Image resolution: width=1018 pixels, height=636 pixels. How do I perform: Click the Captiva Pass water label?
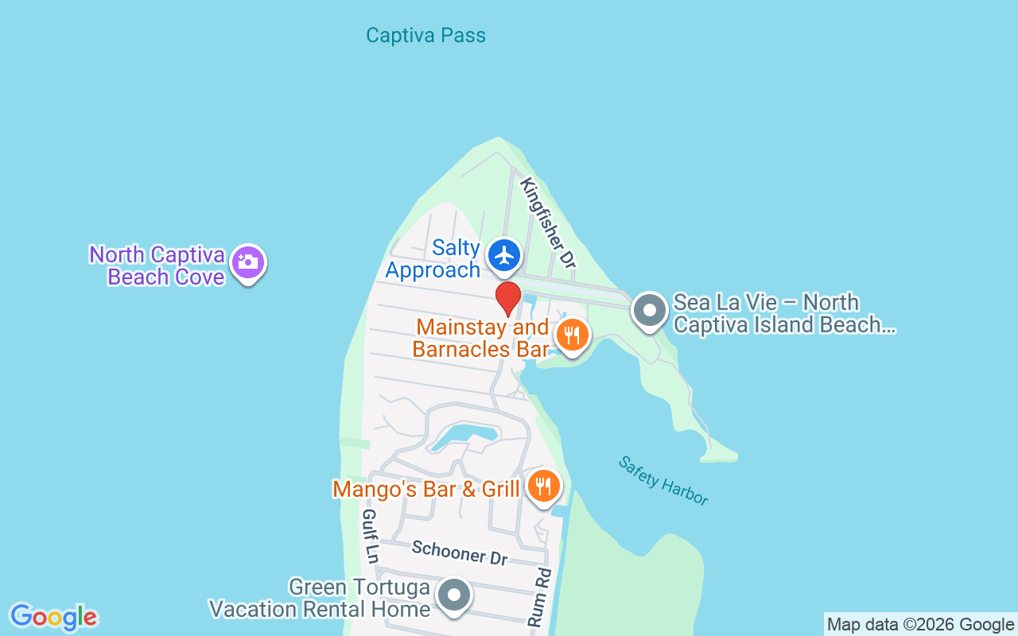(x=425, y=36)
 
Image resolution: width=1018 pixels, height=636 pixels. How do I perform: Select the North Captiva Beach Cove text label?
(x=157, y=266)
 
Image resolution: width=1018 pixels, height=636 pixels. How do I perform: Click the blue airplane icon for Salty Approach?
(x=504, y=256)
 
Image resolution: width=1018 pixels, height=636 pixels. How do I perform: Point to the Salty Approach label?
(x=433, y=259)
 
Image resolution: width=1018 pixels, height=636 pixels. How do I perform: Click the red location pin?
(x=508, y=299)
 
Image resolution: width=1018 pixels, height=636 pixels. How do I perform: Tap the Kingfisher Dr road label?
(x=547, y=222)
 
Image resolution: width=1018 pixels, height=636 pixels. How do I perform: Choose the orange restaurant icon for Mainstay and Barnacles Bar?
(x=572, y=335)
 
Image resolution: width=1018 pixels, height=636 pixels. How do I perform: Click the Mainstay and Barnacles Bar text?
(x=482, y=338)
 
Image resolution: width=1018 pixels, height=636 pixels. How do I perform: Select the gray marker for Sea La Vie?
(x=650, y=311)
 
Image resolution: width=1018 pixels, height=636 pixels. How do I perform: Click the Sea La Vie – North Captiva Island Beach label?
(x=783, y=313)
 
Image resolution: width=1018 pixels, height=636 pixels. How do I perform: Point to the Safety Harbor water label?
(x=662, y=480)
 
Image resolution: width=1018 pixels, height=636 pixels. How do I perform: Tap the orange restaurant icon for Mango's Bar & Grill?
(x=543, y=486)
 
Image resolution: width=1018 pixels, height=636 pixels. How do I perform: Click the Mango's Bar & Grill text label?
(x=426, y=489)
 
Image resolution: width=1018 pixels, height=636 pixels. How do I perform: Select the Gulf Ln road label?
(x=370, y=536)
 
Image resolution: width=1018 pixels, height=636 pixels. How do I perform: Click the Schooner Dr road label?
(x=460, y=553)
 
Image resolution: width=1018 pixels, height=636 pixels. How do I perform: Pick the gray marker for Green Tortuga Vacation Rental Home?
(x=455, y=595)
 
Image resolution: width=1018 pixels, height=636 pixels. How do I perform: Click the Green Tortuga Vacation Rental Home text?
(x=320, y=599)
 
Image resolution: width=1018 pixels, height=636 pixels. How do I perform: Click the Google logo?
(x=53, y=617)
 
